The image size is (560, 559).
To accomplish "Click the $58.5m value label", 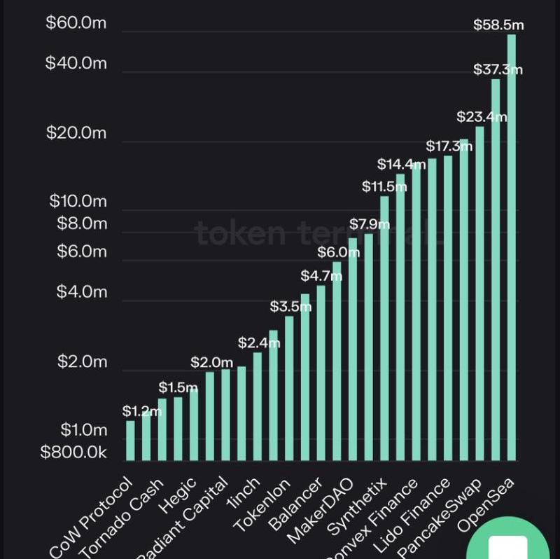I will click(498, 25).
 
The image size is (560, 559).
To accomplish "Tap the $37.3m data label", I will click(498, 69).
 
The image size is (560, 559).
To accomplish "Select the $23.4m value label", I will click(482, 116).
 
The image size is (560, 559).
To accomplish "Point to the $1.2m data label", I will click(141, 411).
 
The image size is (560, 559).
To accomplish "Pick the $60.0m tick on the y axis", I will click(76, 22).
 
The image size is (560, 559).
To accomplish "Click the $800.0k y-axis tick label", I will click(73, 453).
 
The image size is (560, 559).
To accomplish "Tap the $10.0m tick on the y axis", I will click(78, 202).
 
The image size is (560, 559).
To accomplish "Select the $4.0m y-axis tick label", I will click(82, 291).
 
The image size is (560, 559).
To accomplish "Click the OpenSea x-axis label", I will click(486, 504).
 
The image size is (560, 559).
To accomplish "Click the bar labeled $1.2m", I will click(130, 441).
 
